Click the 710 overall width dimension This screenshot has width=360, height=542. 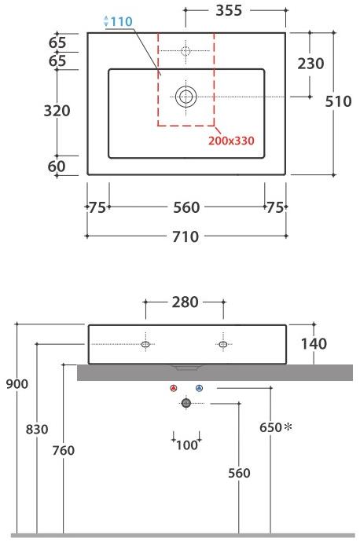pyautogui.click(x=186, y=236)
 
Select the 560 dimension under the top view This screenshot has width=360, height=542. pyautogui.click(x=186, y=207)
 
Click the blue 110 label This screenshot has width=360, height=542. pyautogui.click(x=118, y=20)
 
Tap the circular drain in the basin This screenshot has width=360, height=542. pyautogui.click(x=186, y=97)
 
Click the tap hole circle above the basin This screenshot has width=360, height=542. pyautogui.click(x=186, y=52)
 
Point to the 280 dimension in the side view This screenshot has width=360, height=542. pyautogui.click(x=186, y=302)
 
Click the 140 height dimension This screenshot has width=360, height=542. pyautogui.click(x=312, y=344)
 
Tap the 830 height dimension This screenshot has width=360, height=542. pyautogui.click(x=37, y=429)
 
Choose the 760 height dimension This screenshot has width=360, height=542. pyautogui.click(x=62, y=451)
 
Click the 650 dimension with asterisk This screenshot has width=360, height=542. pyautogui.click(x=275, y=428)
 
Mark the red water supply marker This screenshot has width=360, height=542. pyautogui.click(x=174, y=388)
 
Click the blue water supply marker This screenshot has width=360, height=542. pyautogui.click(x=199, y=388)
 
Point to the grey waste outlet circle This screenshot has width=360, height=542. pyautogui.click(x=186, y=403)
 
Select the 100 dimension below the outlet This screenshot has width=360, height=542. pyautogui.click(x=186, y=445)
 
